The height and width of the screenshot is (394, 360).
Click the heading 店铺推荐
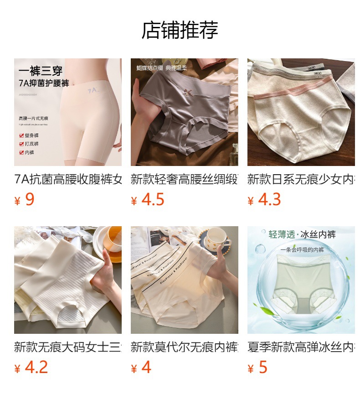click(x=180, y=30)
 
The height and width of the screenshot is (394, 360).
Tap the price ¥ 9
click(x=25, y=200)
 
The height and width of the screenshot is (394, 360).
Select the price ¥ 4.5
click(x=147, y=200)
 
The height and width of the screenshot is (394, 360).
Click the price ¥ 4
click(x=141, y=368)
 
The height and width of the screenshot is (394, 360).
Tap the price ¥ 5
click(x=257, y=368)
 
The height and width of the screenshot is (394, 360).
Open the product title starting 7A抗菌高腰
click(x=68, y=179)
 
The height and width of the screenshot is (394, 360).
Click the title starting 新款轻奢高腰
click(x=184, y=179)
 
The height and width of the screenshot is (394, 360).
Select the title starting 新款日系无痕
click(x=301, y=179)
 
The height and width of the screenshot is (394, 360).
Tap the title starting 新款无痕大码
click(x=68, y=347)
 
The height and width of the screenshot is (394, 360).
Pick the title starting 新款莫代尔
click(x=184, y=347)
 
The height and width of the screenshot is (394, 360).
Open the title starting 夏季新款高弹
click(x=301, y=347)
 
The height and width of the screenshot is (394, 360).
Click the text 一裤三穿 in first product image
click(x=41, y=71)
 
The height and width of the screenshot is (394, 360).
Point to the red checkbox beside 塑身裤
click(x=21, y=135)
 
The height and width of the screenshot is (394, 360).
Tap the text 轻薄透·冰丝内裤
click(x=302, y=235)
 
